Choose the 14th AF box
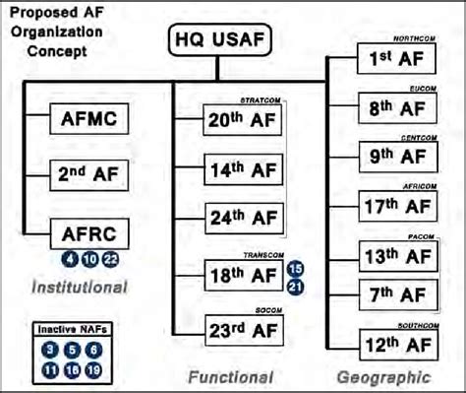pyautogui.click(x=240, y=169)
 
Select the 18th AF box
pyautogui.click(x=240, y=275)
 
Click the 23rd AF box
pyautogui.click(x=240, y=326)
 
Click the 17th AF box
pyautogui.click(x=392, y=207)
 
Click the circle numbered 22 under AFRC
pyautogui.click(x=110, y=259)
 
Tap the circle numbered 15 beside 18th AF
pyautogui.click(x=295, y=268)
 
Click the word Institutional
pyautogui.click(x=79, y=288)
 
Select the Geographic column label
pyautogui.click(x=383, y=377)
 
